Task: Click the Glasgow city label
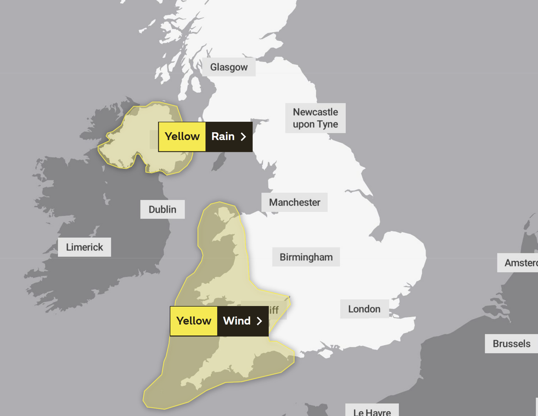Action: (229, 68)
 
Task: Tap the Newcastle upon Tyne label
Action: (315, 118)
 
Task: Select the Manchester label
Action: (294, 203)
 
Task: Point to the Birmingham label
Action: (306, 257)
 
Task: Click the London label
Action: (364, 309)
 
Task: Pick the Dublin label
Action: (162, 209)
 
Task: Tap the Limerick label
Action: (85, 247)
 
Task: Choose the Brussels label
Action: (511, 344)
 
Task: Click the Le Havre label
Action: (372, 411)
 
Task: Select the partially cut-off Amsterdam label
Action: (520, 263)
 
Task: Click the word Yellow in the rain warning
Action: (182, 137)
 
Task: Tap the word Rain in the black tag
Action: (223, 137)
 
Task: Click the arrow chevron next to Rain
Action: (243, 137)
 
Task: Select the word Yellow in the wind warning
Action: (193, 321)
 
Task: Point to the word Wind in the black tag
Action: (237, 321)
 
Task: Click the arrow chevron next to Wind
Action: (259, 321)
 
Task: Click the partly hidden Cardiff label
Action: (272, 311)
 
